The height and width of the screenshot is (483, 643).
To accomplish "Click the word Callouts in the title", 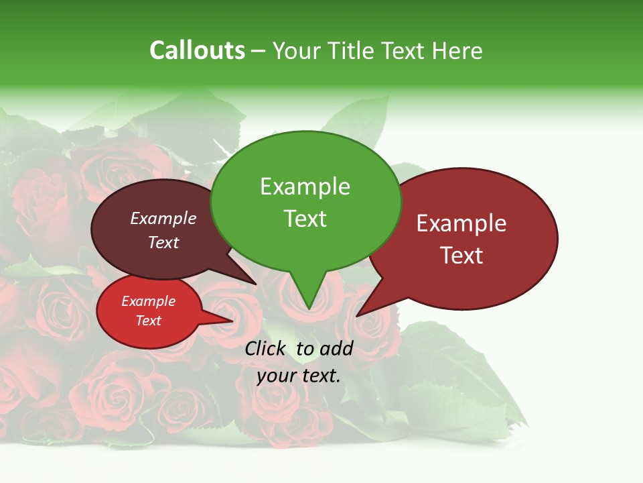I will tap(197, 50).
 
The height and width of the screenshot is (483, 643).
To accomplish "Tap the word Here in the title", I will tap(457, 50).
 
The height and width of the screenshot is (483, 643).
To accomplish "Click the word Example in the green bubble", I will tap(305, 186).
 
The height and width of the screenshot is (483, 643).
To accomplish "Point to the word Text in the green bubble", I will tap(305, 219).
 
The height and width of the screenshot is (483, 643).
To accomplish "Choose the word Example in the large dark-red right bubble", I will tap(461, 223).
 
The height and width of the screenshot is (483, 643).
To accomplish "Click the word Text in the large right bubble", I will tap(461, 256).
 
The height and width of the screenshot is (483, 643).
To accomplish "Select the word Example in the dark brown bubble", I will tap(163, 218).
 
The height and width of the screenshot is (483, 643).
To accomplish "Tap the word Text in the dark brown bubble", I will tap(163, 242).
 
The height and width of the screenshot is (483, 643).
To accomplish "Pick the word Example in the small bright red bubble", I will tap(148, 301).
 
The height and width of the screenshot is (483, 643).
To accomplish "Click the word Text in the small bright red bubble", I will tap(148, 321).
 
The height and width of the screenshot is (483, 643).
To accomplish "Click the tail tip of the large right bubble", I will tap(357, 315).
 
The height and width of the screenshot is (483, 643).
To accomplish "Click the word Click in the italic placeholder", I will tap(266, 348).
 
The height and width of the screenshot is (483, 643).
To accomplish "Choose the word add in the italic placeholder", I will tap(336, 348).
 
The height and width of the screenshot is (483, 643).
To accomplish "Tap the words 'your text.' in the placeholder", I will tap(298, 376).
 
